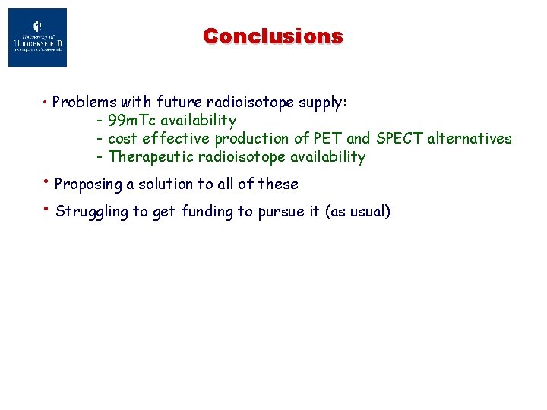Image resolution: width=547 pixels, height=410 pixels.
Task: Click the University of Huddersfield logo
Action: (x=37, y=37)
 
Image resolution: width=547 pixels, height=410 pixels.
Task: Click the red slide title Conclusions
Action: (x=273, y=36)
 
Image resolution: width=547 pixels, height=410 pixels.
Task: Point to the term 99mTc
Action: (x=132, y=120)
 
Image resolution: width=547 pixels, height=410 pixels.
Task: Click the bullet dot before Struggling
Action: (x=47, y=209)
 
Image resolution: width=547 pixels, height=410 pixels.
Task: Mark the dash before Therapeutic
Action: (x=100, y=158)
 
